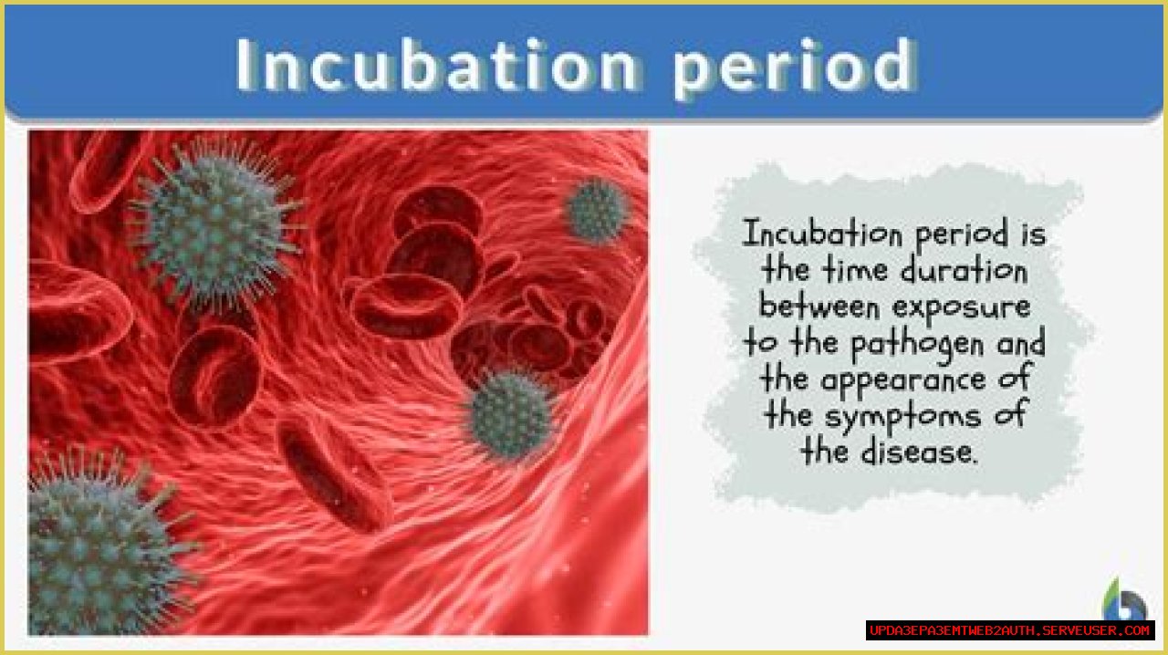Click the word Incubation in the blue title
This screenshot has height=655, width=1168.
click(437, 65)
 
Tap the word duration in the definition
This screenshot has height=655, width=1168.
click(965, 270)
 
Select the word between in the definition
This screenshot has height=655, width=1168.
click(819, 307)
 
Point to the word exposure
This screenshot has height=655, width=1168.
click(962, 308)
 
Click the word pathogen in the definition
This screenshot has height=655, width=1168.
click(917, 345)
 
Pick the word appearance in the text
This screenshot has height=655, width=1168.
click(903, 381)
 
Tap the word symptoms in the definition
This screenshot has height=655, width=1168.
click(902, 418)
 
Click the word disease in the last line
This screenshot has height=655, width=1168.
click(919, 451)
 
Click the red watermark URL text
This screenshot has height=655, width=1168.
click(1010, 630)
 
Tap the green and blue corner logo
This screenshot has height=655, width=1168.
click(1124, 599)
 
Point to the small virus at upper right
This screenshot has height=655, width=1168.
click(598, 210)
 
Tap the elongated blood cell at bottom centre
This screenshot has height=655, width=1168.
click(335, 474)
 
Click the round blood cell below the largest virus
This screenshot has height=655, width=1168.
click(214, 377)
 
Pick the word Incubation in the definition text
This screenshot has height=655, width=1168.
click(823, 234)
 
